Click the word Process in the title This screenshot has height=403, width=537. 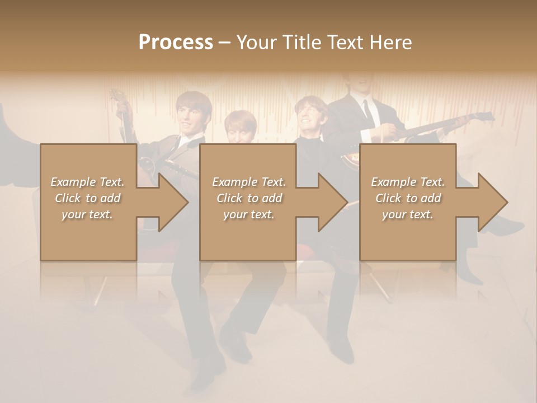176,43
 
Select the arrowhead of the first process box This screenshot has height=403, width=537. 174,202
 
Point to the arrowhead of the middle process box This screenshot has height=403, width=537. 333,202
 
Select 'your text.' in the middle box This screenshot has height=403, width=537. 248,214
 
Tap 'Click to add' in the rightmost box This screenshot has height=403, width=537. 408,198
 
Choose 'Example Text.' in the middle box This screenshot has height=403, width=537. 248,182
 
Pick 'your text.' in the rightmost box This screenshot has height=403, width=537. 408,214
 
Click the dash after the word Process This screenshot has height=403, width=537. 225,43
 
